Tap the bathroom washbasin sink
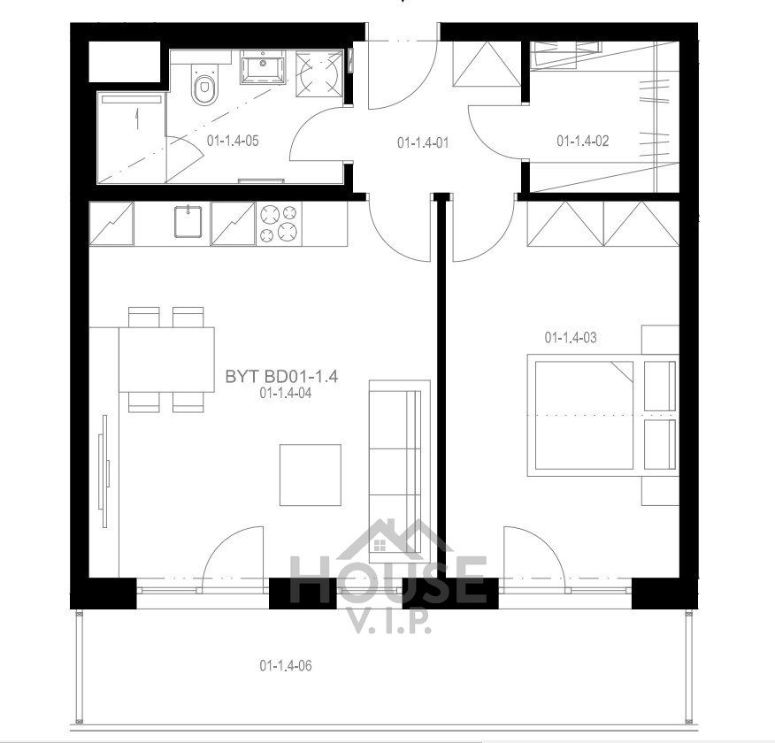[263, 66]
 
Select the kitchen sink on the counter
[188, 221]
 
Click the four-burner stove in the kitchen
[279, 223]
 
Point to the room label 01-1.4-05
[233, 141]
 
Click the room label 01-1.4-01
[423, 142]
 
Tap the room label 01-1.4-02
[583, 141]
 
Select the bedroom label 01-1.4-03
[571, 337]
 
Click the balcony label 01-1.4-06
[286, 665]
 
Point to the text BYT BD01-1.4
[281, 377]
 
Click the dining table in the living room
[166, 360]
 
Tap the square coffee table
[311, 475]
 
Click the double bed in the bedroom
[602, 415]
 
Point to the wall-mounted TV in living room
[104, 471]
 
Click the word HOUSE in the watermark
[387, 579]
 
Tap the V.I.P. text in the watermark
[390, 624]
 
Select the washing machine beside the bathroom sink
[318, 73]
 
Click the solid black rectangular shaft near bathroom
[125, 62]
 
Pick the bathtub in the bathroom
[131, 138]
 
